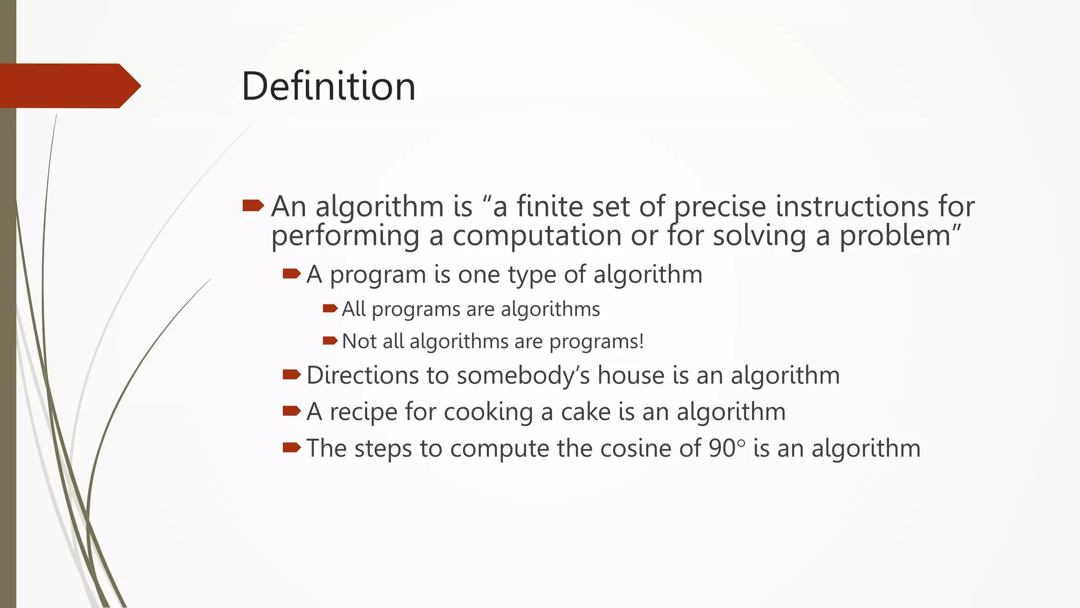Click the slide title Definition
[x=329, y=86]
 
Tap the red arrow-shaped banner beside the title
[x=69, y=86]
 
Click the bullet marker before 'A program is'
[x=291, y=273]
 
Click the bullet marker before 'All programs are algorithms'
[x=330, y=308]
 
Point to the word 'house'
[x=631, y=375]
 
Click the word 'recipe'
[x=363, y=412]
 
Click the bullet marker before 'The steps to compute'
[x=291, y=448]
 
